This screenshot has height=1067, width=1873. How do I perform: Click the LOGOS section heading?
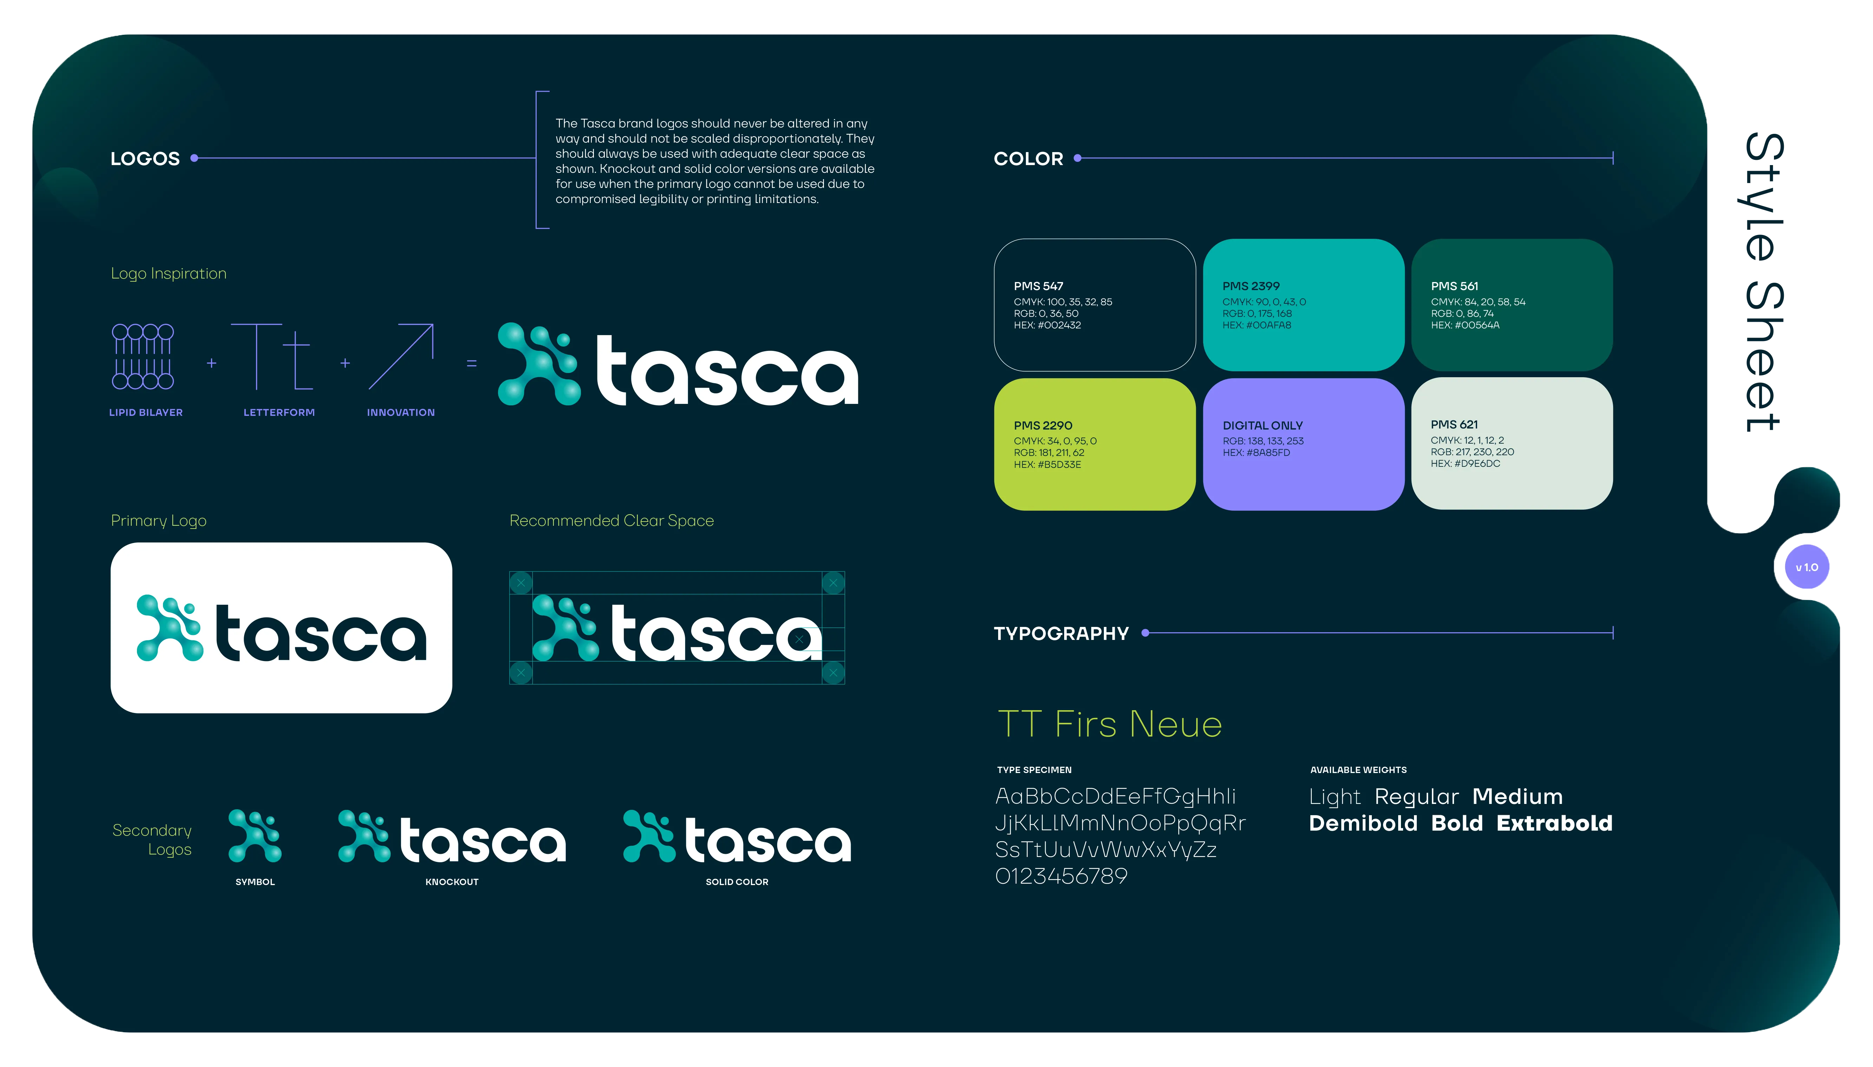click(145, 159)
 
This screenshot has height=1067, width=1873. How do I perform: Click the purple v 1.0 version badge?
click(1806, 567)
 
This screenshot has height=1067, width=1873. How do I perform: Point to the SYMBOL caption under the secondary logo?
click(255, 882)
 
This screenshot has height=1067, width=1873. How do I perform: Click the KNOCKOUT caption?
click(451, 882)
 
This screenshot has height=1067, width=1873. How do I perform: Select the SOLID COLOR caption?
click(736, 882)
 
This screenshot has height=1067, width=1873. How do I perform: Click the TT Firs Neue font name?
click(1109, 724)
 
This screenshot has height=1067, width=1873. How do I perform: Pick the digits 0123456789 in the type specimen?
click(1060, 876)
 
